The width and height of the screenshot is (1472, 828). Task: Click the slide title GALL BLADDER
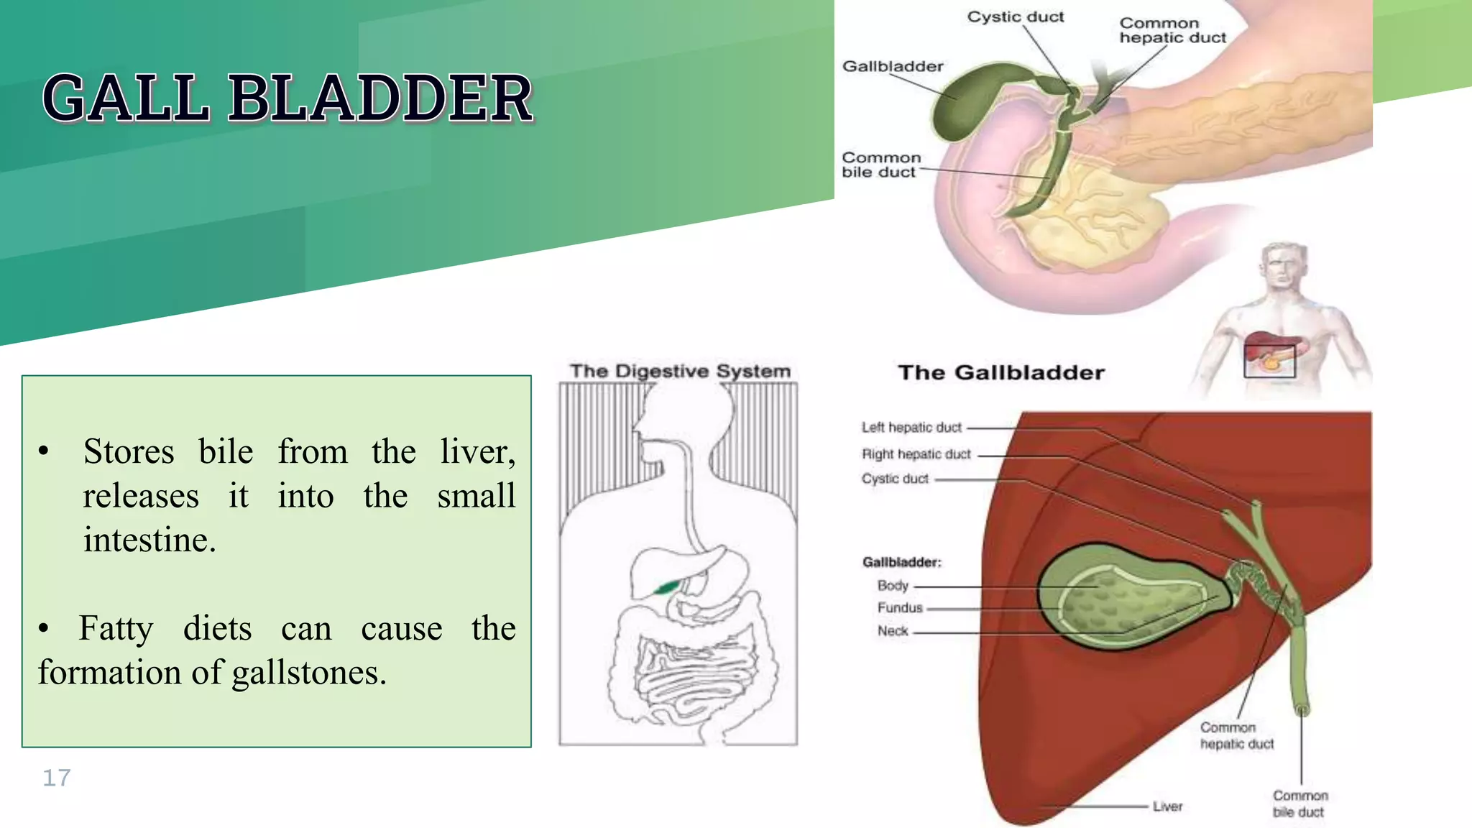click(x=287, y=98)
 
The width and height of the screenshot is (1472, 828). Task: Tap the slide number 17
click(x=56, y=778)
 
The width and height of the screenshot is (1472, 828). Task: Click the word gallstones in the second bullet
click(x=309, y=673)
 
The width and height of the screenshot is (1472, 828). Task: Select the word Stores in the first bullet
click(x=129, y=452)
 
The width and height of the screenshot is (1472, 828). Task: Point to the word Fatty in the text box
click(x=116, y=628)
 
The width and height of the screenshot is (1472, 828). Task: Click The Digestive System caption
click(x=680, y=371)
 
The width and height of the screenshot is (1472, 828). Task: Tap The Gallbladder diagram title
click(x=1000, y=372)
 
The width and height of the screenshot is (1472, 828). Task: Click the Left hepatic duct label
click(x=911, y=428)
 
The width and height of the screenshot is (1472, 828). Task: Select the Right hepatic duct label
click(x=916, y=454)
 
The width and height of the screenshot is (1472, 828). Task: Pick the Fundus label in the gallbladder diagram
click(x=899, y=608)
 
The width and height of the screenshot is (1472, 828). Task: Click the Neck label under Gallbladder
click(x=893, y=631)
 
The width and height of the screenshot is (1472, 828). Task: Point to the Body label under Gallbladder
click(x=893, y=586)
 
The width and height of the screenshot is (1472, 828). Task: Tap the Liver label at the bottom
click(x=1167, y=806)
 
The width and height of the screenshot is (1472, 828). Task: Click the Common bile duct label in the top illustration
click(x=880, y=165)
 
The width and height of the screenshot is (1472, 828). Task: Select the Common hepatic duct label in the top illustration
click(x=1172, y=30)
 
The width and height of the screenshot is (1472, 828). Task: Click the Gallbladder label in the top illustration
click(x=892, y=66)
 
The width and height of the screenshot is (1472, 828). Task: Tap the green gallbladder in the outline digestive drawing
click(x=666, y=587)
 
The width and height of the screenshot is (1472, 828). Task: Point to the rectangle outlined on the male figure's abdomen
click(x=1269, y=360)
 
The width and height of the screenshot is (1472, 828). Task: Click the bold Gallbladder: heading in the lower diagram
click(x=901, y=562)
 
